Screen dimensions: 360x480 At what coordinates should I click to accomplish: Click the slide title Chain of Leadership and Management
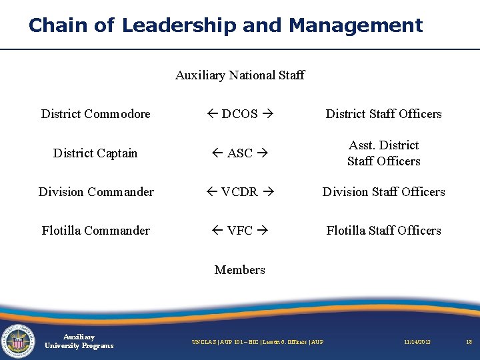[225, 25]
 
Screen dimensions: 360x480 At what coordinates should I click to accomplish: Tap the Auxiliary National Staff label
[240, 75]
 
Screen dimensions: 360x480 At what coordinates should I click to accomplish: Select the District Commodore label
[96, 114]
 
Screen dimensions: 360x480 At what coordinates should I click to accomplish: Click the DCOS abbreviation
[240, 114]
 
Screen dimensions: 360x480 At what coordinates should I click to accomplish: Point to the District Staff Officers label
[383, 114]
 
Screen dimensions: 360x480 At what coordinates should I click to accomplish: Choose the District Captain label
[95, 153]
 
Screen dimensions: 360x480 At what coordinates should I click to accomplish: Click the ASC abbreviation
[240, 153]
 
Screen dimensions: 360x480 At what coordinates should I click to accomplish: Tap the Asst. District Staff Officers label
[383, 153]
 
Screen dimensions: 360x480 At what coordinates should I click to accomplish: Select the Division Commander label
[96, 192]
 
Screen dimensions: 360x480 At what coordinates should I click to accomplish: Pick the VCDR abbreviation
[240, 192]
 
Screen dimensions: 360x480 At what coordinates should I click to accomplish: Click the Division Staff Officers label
[383, 192]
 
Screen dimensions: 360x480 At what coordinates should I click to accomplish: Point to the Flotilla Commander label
[96, 231]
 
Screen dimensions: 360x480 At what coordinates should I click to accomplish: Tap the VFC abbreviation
[240, 231]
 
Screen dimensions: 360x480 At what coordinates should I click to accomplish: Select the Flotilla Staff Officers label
[383, 231]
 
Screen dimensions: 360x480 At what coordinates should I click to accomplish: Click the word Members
[240, 270]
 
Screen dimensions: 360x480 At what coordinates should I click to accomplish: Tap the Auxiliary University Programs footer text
[79, 341]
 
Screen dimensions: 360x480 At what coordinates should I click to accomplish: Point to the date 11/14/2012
[417, 342]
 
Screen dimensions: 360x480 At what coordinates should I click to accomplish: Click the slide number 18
[469, 342]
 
